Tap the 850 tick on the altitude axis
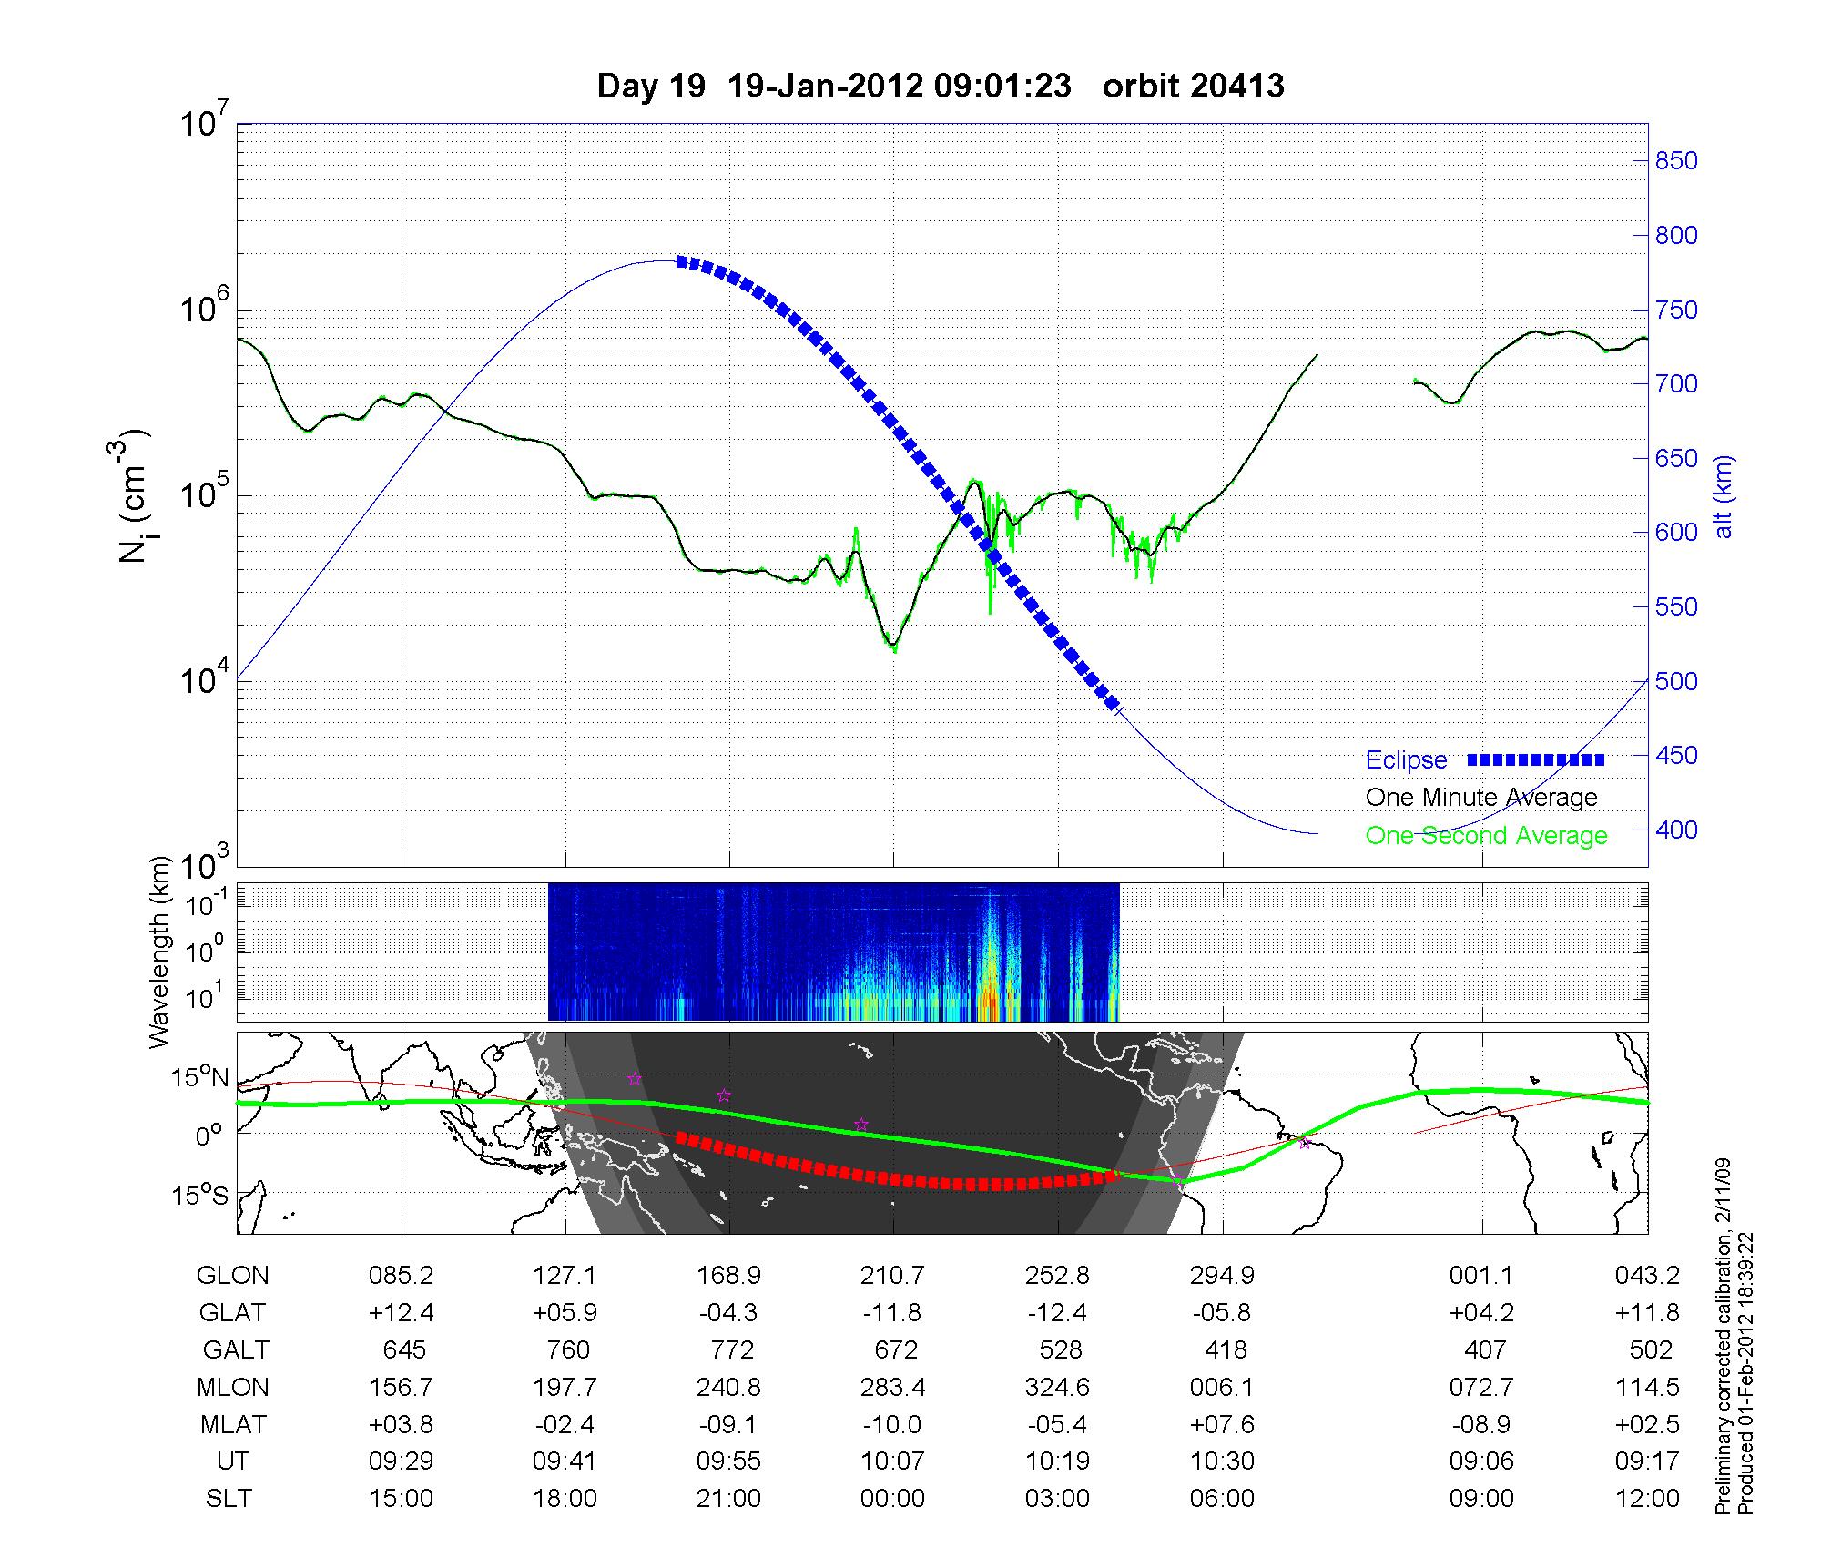tap(1676, 161)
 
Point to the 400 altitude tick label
tap(1676, 830)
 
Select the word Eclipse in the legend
tap(1406, 760)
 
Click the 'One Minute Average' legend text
tap(1481, 798)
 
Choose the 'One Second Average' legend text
tap(1486, 836)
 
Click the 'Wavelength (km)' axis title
tap(160, 952)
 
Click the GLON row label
tap(232, 1276)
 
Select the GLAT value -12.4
tap(1057, 1313)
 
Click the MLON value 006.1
tap(1222, 1387)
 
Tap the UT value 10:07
tap(892, 1461)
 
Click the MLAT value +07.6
tap(1222, 1424)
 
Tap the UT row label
tap(232, 1461)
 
